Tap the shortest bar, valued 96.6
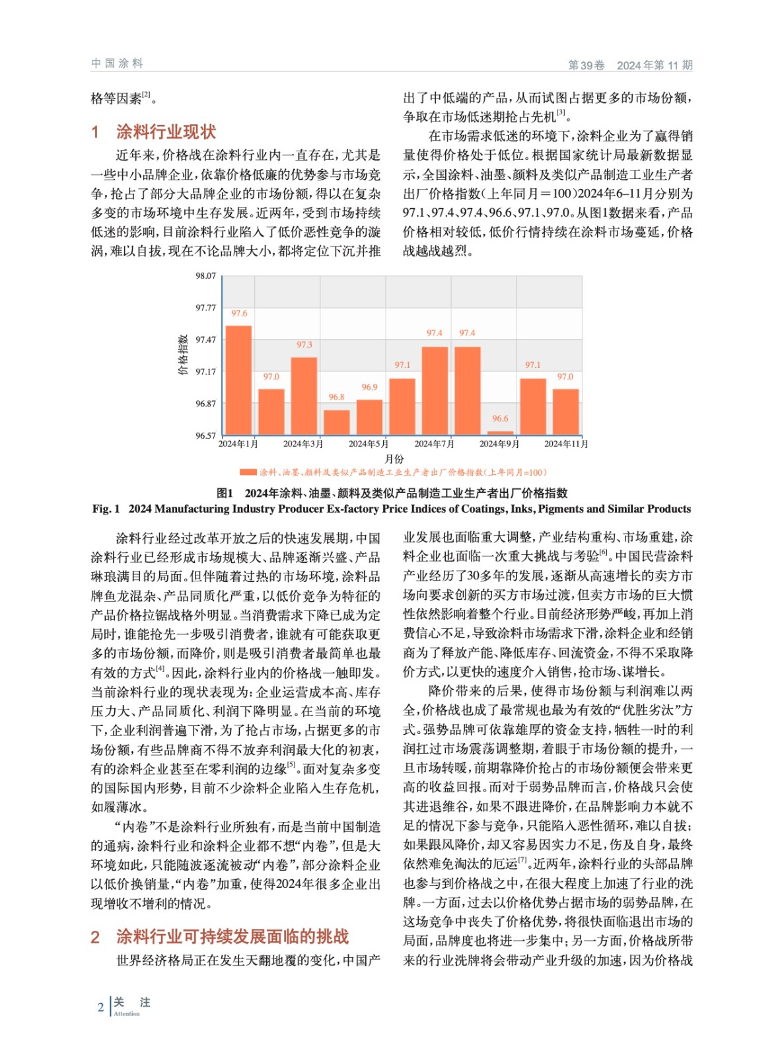500,433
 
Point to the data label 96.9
369,387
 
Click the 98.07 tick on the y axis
205,276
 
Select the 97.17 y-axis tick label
205,372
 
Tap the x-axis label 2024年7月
434,444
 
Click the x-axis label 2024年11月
565,444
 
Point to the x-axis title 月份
394,458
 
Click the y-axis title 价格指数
183,355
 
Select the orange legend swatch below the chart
248,472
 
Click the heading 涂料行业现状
166,132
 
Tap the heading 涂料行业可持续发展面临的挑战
232,937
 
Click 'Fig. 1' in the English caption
106,509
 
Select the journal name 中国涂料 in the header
117,63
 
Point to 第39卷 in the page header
587,65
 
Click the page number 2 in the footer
100,1007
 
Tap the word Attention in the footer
127,1013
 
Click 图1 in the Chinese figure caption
225,493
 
